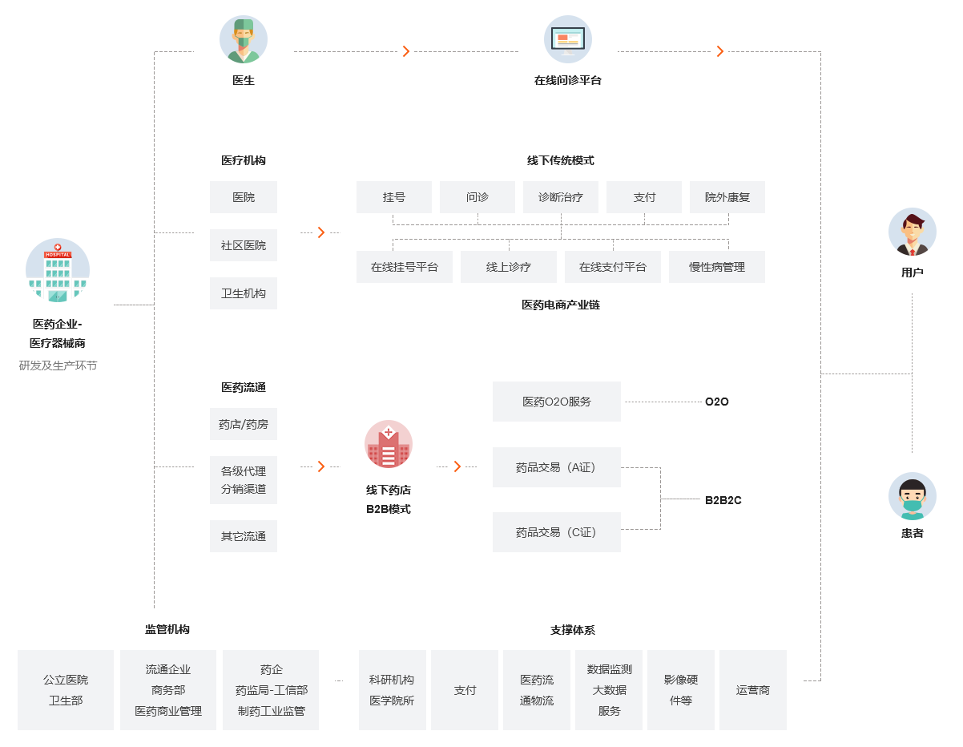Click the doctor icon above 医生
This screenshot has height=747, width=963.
244,40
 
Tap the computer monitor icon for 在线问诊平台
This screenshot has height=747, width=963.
567,39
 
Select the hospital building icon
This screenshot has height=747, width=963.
58,271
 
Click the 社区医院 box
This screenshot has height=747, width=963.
244,245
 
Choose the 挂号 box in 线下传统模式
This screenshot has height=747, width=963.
394,197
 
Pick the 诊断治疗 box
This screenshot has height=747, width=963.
561,197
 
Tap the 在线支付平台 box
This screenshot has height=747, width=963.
613,267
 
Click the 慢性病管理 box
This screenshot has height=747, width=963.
717,267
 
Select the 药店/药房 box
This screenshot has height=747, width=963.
244,424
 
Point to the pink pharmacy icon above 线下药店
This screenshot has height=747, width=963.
389,444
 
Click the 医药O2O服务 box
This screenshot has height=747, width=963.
557,402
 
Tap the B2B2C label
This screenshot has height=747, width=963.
723,500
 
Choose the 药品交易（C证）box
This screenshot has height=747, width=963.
557,532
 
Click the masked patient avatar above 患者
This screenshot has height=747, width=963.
912,496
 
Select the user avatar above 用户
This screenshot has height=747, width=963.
912,232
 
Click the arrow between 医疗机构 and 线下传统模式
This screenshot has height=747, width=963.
320,232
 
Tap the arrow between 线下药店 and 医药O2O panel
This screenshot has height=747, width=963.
457,466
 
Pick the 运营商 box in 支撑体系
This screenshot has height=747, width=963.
753,690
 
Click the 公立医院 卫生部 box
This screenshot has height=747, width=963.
66,690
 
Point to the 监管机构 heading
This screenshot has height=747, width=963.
167,630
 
